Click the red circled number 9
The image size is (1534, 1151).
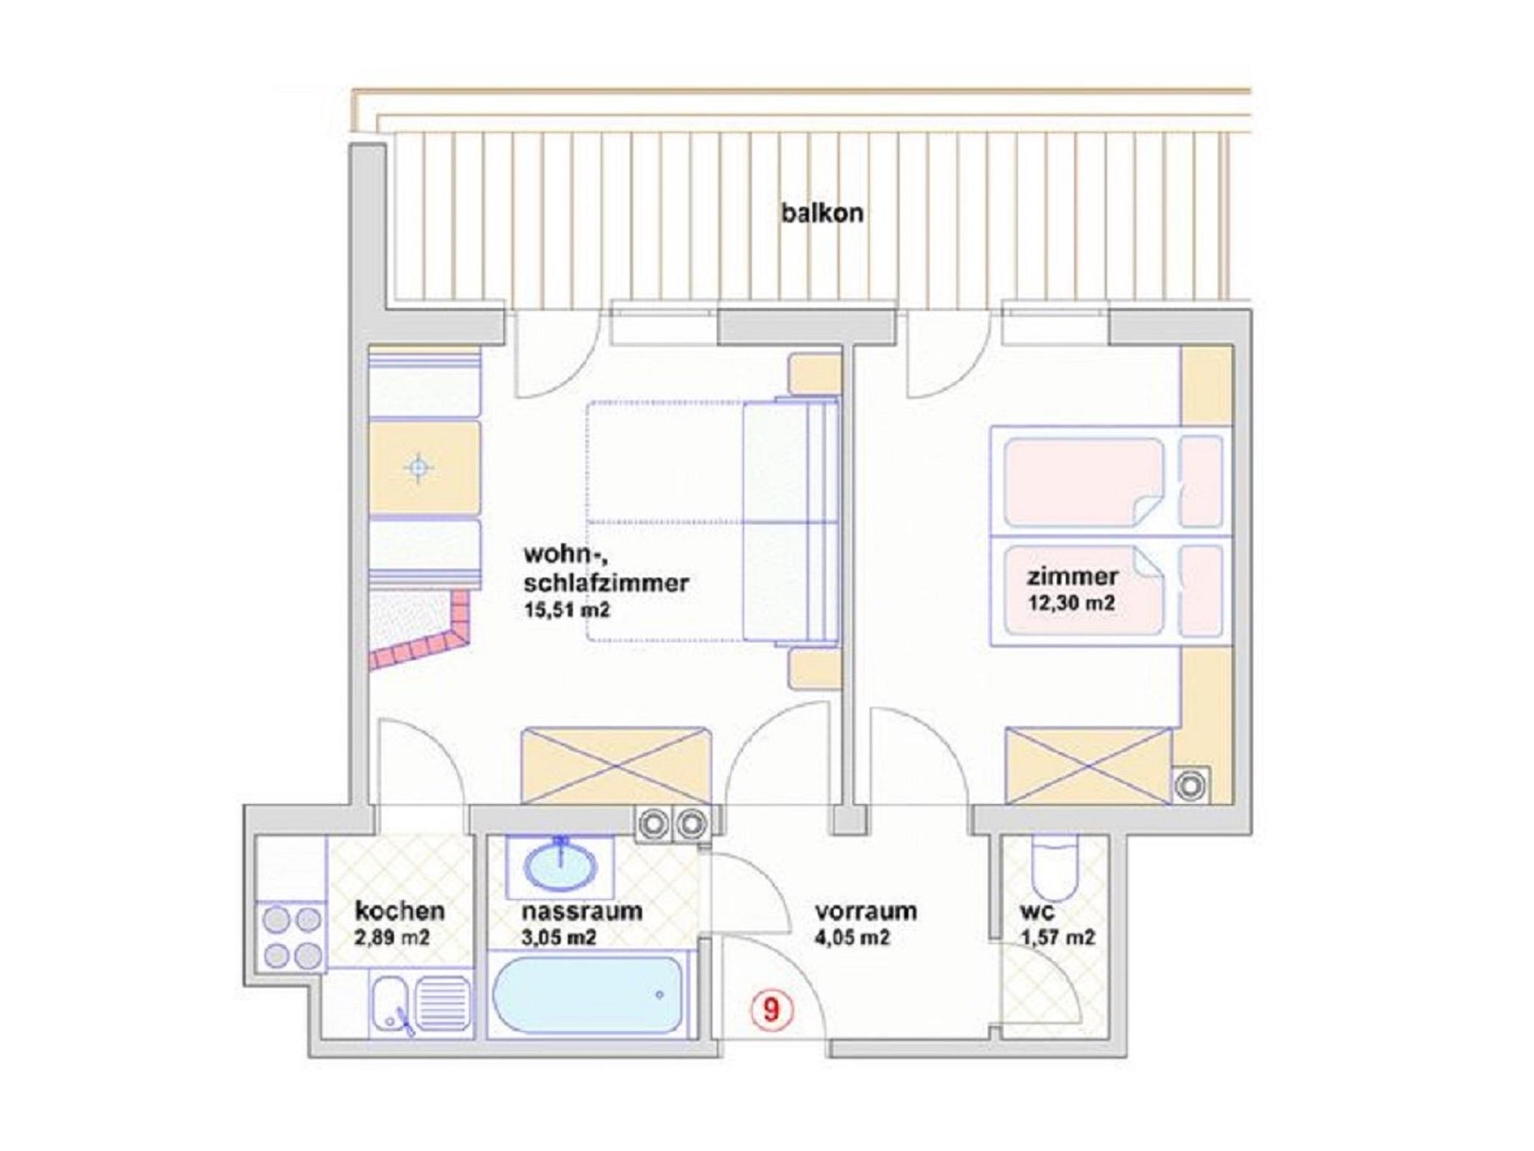point(771,1009)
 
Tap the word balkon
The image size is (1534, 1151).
point(822,214)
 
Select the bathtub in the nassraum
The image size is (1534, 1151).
point(588,994)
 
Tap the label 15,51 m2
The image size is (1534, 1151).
point(567,610)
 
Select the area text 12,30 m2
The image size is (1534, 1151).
point(1071,602)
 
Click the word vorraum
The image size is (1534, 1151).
point(866,912)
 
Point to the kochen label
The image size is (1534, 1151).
point(399,911)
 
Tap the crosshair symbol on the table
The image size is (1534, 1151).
point(419,468)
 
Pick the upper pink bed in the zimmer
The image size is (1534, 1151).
point(1113,482)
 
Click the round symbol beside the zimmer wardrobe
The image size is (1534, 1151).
point(1189,785)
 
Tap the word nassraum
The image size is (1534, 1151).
point(582,911)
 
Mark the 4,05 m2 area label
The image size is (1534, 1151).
point(853,937)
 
